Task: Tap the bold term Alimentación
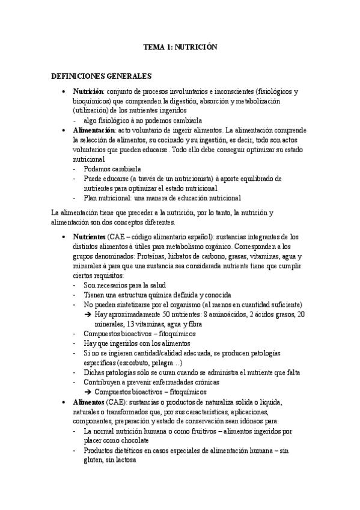pos(94,130)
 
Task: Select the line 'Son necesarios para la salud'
pos(124,285)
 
